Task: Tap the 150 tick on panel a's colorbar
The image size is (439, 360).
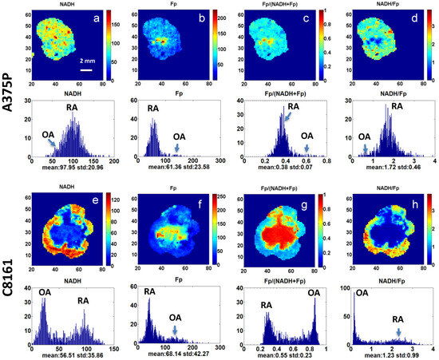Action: point(117,26)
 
